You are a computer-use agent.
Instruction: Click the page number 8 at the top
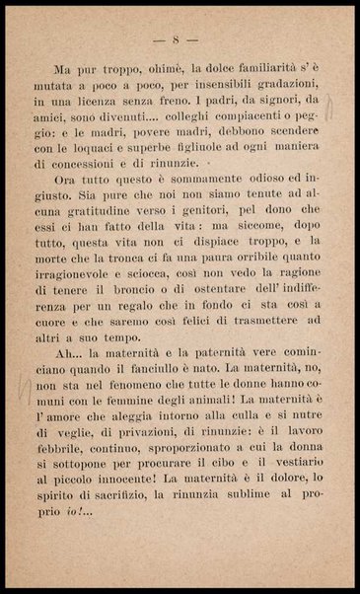tap(179, 39)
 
